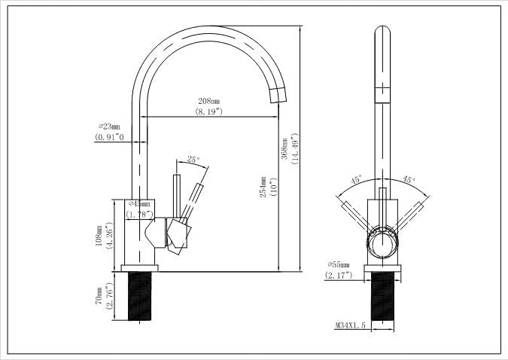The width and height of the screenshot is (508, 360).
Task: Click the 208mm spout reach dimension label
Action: pos(209,101)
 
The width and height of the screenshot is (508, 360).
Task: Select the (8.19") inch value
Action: pos(209,111)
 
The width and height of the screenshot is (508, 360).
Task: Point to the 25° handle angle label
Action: pos(193,160)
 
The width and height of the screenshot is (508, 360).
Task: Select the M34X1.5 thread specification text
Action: pos(350,325)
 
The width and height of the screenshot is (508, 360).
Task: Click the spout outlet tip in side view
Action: pos(277,94)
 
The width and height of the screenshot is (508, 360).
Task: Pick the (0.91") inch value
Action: pos(109,138)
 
